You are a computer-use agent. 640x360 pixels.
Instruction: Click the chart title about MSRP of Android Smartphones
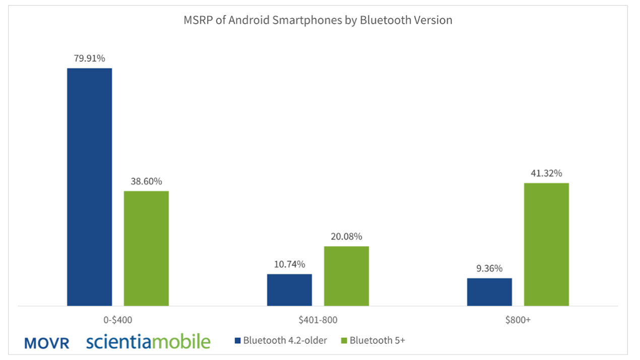click(x=317, y=21)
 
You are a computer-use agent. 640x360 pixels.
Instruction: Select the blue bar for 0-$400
click(x=90, y=187)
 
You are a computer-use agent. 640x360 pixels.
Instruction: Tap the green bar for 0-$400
click(x=146, y=248)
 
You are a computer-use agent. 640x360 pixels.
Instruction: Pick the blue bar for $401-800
click(x=289, y=289)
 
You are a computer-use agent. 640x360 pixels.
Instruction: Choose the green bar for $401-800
click(x=346, y=276)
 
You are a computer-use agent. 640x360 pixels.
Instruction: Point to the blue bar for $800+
click(x=489, y=291)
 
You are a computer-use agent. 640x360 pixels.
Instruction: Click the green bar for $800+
click(x=546, y=244)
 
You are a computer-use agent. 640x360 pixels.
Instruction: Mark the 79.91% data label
click(x=90, y=58)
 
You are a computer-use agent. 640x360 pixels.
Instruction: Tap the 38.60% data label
click(x=146, y=182)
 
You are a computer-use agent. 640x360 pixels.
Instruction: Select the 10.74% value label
click(x=289, y=264)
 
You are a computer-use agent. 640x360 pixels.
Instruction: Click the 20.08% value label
click(x=346, y=236)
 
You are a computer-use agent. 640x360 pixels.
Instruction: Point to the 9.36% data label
click(x=489, y=268)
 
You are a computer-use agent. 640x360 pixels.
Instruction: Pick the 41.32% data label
click(x=546, y=173)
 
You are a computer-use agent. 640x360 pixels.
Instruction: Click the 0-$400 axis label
click(x=118, y=320)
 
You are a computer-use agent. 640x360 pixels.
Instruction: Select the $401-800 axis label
click(x=318, y=320)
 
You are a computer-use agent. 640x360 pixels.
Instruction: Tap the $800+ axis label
click(x=518, y=320)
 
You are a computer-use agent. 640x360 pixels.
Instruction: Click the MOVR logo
click(x=47, y=343)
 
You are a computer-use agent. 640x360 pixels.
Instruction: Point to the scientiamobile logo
click(x=148, y=341)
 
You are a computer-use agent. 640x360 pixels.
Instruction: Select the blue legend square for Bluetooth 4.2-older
click(x=237, y=341)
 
